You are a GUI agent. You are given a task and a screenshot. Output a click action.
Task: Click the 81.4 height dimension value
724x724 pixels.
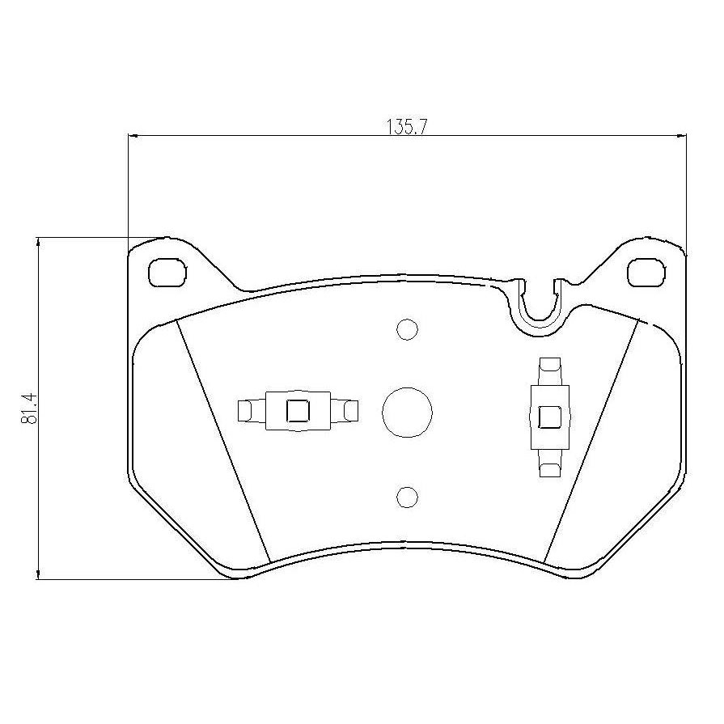click(x=28, y=409)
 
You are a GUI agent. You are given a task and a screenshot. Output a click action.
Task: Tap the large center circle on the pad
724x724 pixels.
click(x=407, y=412)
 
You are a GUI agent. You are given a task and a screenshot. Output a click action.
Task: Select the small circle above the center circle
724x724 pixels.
click(x=407, y=330)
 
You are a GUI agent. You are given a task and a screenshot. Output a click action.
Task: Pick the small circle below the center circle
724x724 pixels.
click(x=407, y=497)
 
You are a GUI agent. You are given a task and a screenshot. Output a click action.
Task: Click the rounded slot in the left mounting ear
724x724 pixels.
click(x=167, y=273)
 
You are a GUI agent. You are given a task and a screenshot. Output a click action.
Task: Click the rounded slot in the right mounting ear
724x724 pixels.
click(x=647, y=272)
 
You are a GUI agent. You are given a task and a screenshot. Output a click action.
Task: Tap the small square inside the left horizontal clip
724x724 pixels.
click(x=298, y=410)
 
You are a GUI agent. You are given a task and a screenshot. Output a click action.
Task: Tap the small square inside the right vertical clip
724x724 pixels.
click(x=550, y=417)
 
